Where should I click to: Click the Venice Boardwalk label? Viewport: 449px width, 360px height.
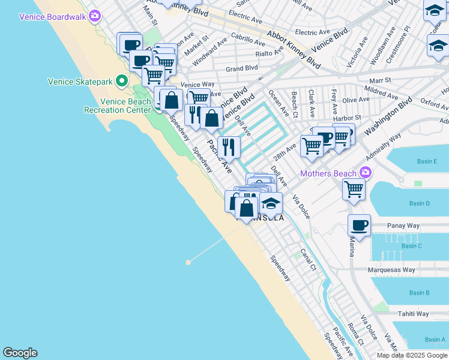tap(53, 17)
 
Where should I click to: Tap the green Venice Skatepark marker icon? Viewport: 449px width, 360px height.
tap(122, 80)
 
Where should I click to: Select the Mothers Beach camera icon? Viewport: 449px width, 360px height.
tap(366, 173)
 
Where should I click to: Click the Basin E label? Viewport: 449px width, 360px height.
tap(427, 162)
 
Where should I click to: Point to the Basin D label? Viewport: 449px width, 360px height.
tap(420, 203)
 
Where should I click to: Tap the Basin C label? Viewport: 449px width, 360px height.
tap(412, 246)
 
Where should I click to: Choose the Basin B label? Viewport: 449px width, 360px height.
tap(419, 293)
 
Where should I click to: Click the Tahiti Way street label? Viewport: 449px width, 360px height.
tap(414, 314)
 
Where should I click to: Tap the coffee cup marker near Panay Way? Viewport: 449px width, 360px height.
tap(359, 225)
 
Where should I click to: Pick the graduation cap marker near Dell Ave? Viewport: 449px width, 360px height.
tap(271, 203)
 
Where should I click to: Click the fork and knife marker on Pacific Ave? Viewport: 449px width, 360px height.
tap(229, 146)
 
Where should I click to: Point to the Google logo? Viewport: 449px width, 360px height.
tap(20, 353)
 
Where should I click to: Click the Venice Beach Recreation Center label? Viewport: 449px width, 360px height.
tap(117, 106)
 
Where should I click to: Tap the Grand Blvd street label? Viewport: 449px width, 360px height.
tap(241, 68)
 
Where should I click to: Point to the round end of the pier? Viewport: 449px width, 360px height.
tap(188, 262)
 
